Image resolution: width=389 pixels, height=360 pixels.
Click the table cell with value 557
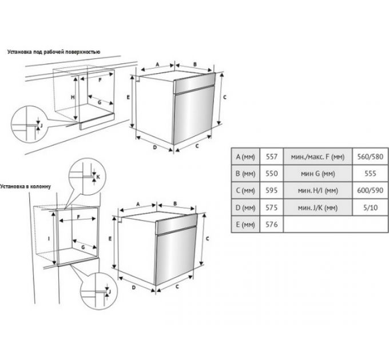click(x=271, y=157)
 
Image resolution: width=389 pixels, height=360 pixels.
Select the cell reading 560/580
click(x=370, y=157)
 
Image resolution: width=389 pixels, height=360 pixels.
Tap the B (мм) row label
click(x=245, y=174)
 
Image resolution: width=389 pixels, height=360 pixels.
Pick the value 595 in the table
click(x=271, y=190)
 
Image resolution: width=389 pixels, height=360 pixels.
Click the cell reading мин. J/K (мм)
click(x=317, y=207)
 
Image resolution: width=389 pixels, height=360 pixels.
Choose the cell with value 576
click(x=271, y=224)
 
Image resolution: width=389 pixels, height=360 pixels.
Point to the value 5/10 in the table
click(x=370, y=207)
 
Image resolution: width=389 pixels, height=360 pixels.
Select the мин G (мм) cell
click(x=317, y=174)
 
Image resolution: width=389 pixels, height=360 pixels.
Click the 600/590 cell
click(x=370, y=190)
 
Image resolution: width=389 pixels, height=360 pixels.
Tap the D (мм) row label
click(x=245, y=207)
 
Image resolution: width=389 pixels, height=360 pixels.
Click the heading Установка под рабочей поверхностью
click(x=54, y=52)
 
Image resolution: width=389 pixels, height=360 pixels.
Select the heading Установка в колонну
click(x=25, y=186)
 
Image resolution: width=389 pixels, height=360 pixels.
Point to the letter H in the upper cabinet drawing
click(x=73, y=97)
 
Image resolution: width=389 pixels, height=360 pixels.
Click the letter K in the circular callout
click(x=98, y=177)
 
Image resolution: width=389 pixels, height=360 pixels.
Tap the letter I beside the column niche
click(x=49, y=239)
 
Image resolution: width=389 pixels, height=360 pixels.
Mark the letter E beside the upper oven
click(x=128, y=97)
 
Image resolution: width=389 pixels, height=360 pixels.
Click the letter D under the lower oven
click(x=133, y=287)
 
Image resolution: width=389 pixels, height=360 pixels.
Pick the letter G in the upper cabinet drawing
click(x=100, y=102)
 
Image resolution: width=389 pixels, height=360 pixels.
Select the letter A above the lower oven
click(x=138, y=204)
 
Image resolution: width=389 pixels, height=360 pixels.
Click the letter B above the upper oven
click(x=195, y=65)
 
